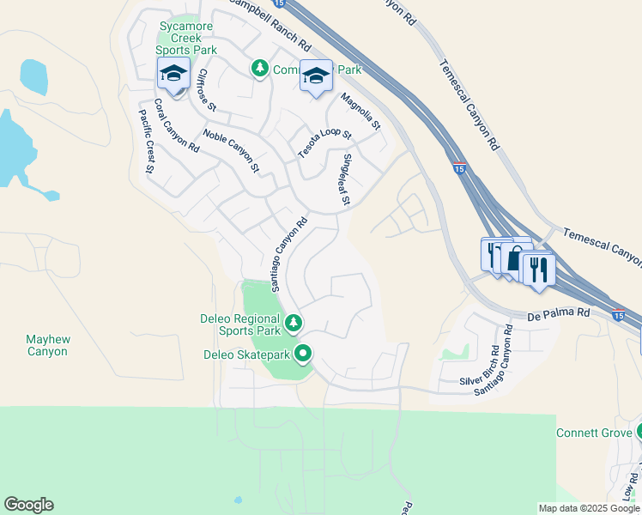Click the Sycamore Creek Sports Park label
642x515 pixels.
coord(180,38)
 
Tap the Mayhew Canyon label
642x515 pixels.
coord(48,345)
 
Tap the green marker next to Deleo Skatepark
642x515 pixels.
coord(303,353)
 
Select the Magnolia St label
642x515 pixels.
coord(360,112)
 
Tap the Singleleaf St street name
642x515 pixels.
coord(346,179)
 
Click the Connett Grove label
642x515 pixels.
coord(594,432)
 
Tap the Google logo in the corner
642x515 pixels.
coord(28,505)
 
